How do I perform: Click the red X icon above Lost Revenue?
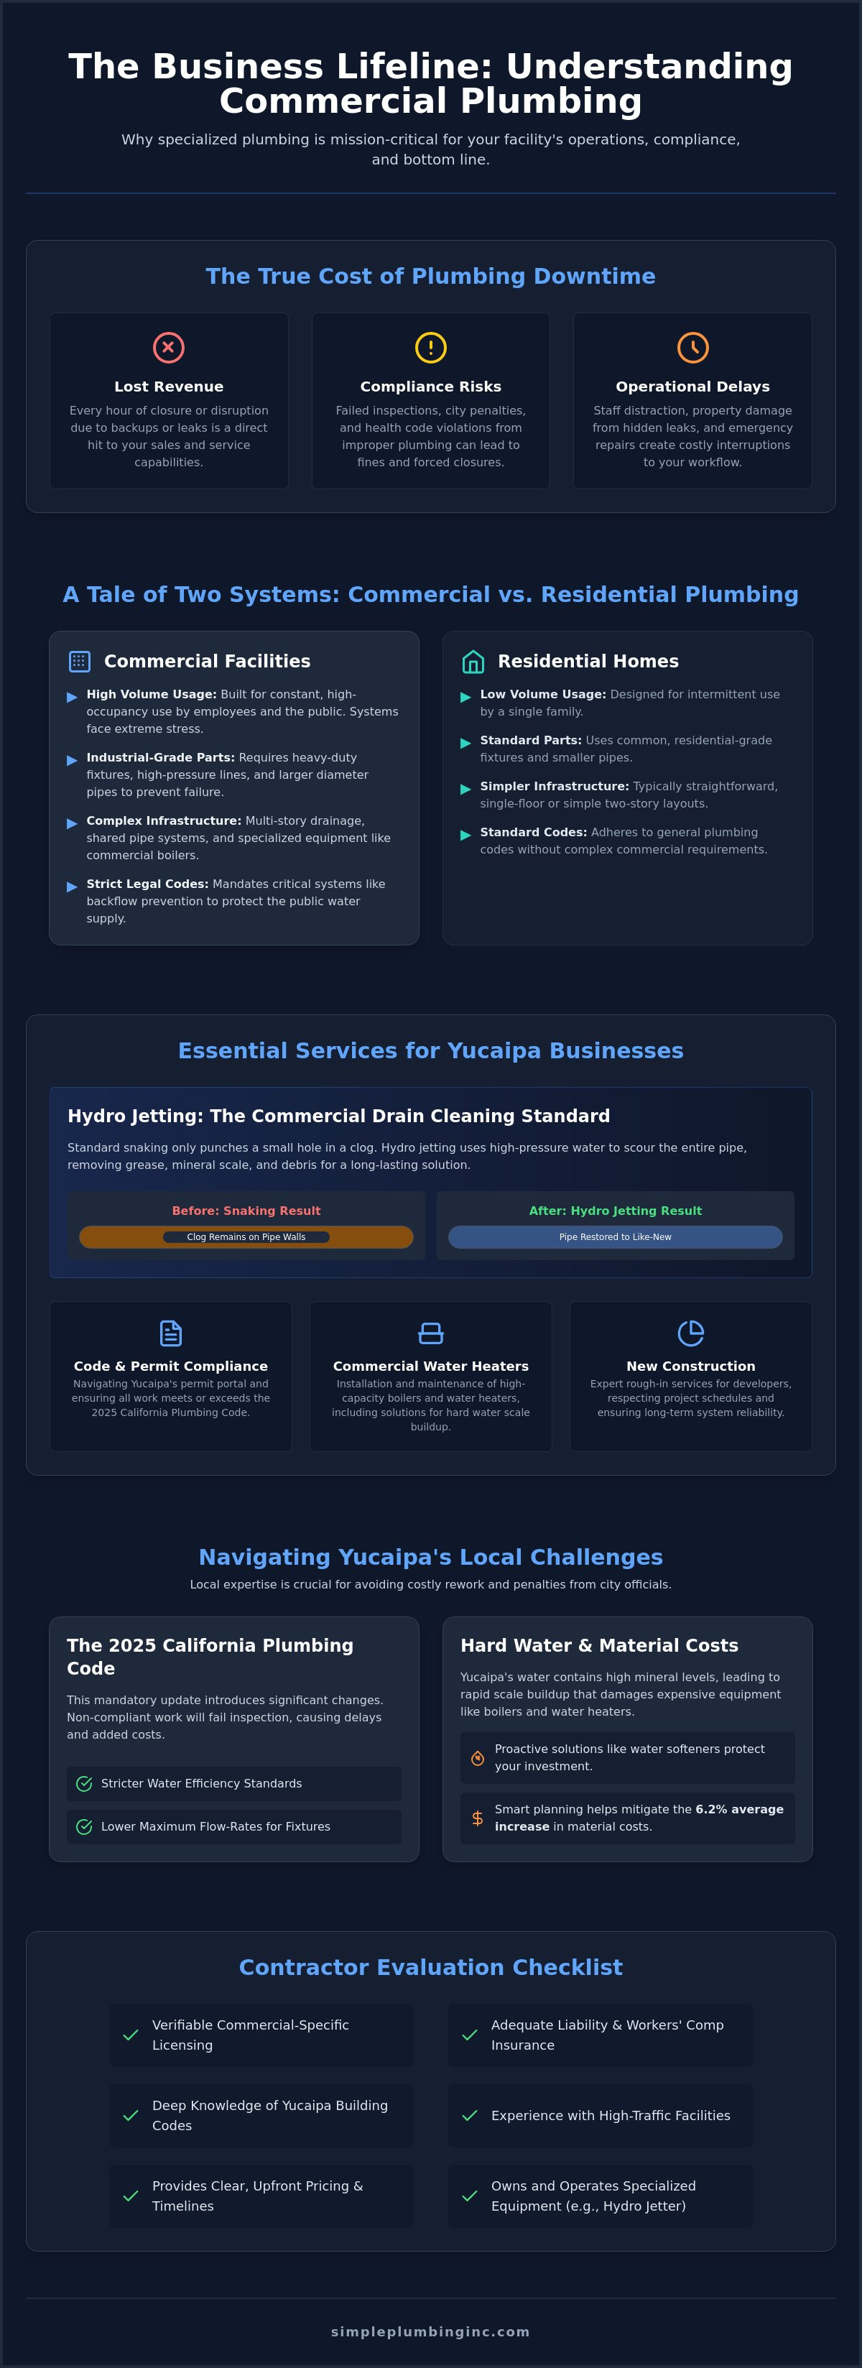(x=168, y=348)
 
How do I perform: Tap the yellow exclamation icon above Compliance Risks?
(x=431, y=348)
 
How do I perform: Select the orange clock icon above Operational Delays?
(x=693, y=348)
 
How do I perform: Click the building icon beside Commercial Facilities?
(x=80, y=661)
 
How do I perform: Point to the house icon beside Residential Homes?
(x=473, y=661)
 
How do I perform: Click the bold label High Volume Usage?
(x=152, y=694)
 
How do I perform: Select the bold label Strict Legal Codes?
(x=148, y=884)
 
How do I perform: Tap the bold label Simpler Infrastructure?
(x=554, y=786)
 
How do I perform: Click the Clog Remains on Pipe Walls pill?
(x=246, y=1236)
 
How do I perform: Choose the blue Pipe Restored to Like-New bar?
(x=615, y=1236)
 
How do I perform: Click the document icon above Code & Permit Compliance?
(x=171, y=1333)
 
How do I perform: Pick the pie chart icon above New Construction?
(x=691, y=1333)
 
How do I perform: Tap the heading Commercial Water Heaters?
(x=431, y=1366)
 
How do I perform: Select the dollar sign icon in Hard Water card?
(x=477, y=1818)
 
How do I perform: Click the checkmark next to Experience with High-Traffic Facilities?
(x=470, y=2115)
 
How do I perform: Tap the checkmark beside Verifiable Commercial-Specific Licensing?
(x=131, y=2035)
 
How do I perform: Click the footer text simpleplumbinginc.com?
(x=431, y=2331)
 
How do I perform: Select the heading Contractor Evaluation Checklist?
(x=431, y=1967)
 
